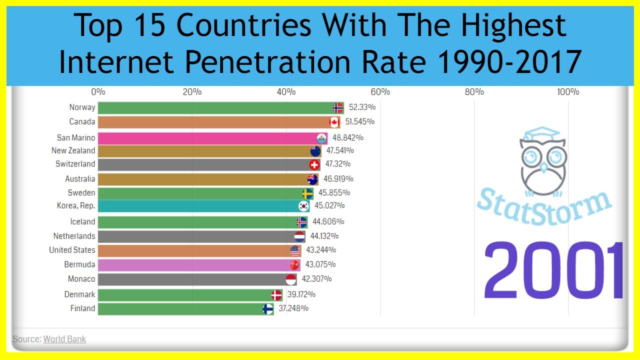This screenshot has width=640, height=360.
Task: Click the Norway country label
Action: click(x=82, y=107)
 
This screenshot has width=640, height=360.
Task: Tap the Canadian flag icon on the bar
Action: click(x=334, y=122)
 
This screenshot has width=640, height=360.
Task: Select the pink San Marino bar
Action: click(x=210, y=138)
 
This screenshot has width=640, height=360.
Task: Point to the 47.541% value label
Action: click(x=339, y=150)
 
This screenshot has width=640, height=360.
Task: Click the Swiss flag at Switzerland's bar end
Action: click(x=314, y=164)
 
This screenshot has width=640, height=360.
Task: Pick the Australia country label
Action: click(x=80, y=179)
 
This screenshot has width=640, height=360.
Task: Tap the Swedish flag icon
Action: click(x=307, y=193)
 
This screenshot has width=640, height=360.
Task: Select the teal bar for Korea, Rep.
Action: click(x=200, y=206)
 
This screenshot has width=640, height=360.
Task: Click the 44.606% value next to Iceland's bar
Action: click(x=328, y=221)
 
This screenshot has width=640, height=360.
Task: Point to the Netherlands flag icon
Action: click(x=299, y=236)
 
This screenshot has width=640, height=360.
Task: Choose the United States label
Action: click(x=72, y=250)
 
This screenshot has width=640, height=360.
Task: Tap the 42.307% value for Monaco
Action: click(x=316, y=279)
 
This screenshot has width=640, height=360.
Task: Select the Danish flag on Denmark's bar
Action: click(x=276, y=295)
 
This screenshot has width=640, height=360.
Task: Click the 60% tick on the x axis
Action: click(x=380, y=92)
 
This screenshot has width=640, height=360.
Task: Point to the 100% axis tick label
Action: click(x=568, y=92)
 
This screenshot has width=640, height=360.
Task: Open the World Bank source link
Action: click(x=64, y=339)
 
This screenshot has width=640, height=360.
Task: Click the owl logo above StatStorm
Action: click(x=542, y=160)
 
